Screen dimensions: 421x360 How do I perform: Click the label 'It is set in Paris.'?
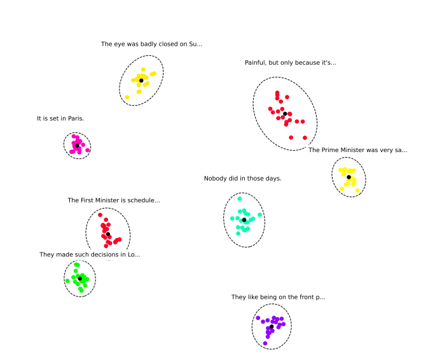tap(60, 118)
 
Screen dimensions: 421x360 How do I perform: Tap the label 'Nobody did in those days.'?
tap(242, 178)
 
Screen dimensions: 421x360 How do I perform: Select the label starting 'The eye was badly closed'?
tap(151, 44)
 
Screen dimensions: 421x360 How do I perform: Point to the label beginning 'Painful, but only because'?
tap(290, 62)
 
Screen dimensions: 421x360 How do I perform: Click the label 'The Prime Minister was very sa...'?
tap(357, 150)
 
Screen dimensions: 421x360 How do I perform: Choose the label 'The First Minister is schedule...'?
tap(114, 200)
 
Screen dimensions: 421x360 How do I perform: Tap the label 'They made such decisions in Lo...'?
tap(90, 254)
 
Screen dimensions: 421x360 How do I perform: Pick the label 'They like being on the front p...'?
tap(278, 297)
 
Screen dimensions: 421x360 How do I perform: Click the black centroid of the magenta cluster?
tap(77, 146)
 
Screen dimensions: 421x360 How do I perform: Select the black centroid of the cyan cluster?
tap(244, 220)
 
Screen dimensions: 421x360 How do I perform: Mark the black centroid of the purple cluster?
tap(272, 327)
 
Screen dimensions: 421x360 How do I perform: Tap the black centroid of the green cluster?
tap(80, 279)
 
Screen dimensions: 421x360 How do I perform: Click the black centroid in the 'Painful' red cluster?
tap(285, 114)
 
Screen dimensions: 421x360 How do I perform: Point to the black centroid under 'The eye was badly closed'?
tap(141, 80)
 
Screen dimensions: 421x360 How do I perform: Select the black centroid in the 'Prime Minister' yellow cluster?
tap(349, 177)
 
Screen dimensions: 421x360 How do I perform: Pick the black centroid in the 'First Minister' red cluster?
tap(108, 235)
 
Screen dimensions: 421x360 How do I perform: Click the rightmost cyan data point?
tap(259, 214)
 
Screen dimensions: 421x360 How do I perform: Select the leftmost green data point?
tap(67, 280)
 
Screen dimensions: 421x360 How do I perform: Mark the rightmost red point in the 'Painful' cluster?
tap(305, 137)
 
